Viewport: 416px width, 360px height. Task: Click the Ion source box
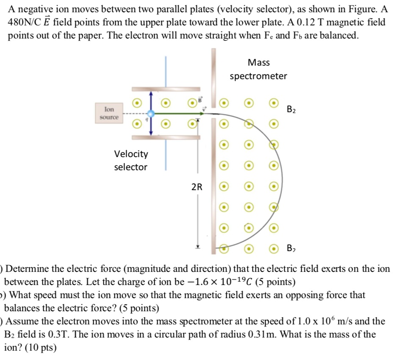(109, 113)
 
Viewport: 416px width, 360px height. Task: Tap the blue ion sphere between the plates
(150, 114)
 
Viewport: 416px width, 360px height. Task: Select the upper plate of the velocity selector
(166, 89)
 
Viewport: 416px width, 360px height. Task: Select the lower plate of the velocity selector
(166, 138)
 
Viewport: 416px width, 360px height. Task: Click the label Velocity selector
(131, 160)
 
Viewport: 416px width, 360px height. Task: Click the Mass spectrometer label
(258, 69)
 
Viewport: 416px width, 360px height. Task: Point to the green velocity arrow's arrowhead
(209, 114)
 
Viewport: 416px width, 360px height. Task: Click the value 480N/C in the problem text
(24, 22)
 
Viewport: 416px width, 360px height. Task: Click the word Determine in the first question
(27, 269)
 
